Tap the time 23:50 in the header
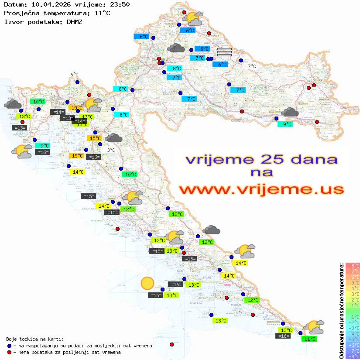point(120,5)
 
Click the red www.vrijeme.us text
point(261,189)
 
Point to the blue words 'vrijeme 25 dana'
point(261,159)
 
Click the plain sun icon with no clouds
point(147,284)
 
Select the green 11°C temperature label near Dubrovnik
point(310,339)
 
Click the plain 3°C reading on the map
point(111,150)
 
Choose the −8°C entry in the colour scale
point(352,356)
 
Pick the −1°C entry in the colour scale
point(352,316)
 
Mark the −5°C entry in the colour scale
point(352,339)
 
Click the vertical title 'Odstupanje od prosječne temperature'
point(342,311)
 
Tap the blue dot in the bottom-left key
point(10,346)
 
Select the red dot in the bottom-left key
point(10,352)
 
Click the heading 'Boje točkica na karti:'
point(35,339)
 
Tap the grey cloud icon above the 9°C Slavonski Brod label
point(290,113)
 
